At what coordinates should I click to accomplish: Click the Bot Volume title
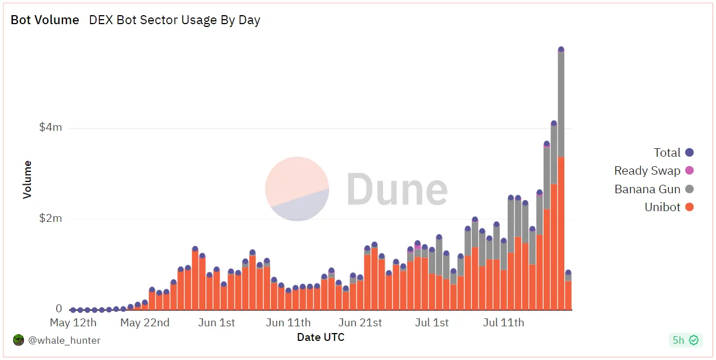[45, 20]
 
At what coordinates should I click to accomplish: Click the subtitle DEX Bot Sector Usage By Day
[175, 20]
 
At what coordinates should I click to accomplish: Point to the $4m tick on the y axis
[51, 127]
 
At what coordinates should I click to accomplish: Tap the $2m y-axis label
[51, 218]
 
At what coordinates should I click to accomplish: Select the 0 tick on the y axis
[58, 309]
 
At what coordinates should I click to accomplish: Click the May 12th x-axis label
[73, 323]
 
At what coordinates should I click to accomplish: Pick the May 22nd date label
[145, 323]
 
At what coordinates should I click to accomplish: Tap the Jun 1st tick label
[217, 323]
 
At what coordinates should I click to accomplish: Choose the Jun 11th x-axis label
[288, 323]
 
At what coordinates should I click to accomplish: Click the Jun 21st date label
[360, 323]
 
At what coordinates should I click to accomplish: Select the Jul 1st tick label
[432, 323]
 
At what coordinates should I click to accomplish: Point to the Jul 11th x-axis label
[503, 323]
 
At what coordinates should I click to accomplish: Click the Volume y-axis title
[28, 180]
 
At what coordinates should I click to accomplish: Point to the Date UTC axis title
[321, 338]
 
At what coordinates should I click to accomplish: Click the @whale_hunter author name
[65, 340]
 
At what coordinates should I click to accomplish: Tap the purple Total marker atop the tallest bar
[561, 49]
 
